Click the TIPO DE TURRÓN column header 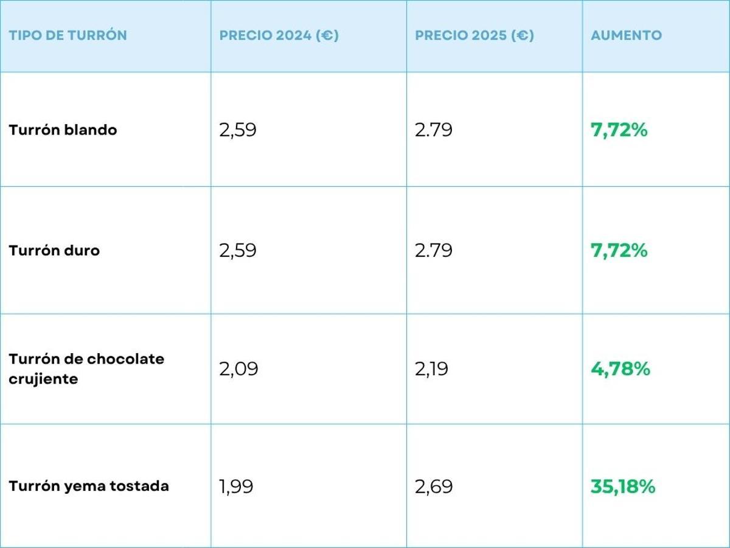(x=68, y=35)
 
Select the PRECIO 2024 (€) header (x=279, y=35)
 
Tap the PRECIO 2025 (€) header (x=474, y=35)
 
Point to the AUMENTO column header (x=626, y=35)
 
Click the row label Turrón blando (x=63, y=130)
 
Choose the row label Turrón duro (x=54, y=250)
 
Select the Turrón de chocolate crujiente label (x=86, y=368)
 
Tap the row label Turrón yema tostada (x=89, y=486)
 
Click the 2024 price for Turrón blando (x=238, y=130)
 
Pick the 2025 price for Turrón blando (x=434, y=130)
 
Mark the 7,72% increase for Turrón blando (x=619, y=130)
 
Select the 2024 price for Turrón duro (x=238, y=251)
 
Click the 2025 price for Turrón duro (x=434, y=251)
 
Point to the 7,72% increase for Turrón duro (x=619, y=250)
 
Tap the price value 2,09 (x=238, y=369)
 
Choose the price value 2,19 (x=432, y=369)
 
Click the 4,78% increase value (x=620, y=369)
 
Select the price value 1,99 (x=236, y=487)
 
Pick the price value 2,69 (x=434, y=487)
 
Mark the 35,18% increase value (x=622, y=487)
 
